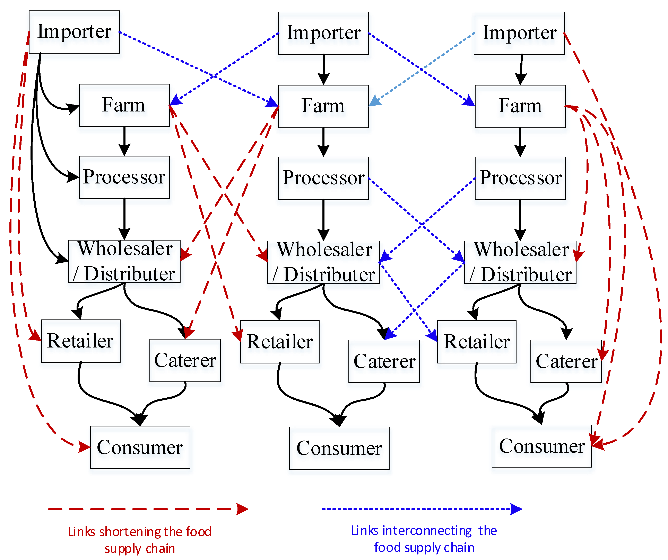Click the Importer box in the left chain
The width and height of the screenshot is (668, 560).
click(74, 32)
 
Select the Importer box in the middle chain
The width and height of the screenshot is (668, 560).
click(323, 33)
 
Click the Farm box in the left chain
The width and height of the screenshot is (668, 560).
click(124, 105)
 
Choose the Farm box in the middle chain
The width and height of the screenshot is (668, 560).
click(323, 106)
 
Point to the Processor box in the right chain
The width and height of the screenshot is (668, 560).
click(520, 178)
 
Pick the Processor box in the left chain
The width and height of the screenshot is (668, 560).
click(124, 177)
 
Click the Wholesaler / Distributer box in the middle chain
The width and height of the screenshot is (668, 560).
click(323, 262)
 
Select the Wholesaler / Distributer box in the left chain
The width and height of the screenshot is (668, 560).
click(124, 261)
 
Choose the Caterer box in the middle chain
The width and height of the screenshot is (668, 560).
click(384, 361)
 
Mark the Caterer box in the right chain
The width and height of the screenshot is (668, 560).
click(566, 361)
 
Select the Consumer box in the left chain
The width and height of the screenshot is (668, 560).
click(140, 447)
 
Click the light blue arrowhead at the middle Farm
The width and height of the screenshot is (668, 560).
click(374, 101)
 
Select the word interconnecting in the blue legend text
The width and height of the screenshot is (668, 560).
click(427, 530)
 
